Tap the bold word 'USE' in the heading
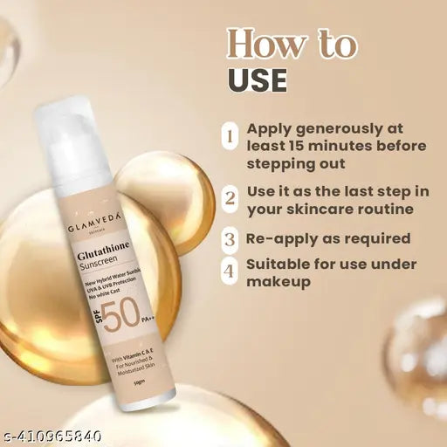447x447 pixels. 258,79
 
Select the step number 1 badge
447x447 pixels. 230,135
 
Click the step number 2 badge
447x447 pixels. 230,197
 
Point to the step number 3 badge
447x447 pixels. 230,238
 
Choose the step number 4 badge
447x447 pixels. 230,272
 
